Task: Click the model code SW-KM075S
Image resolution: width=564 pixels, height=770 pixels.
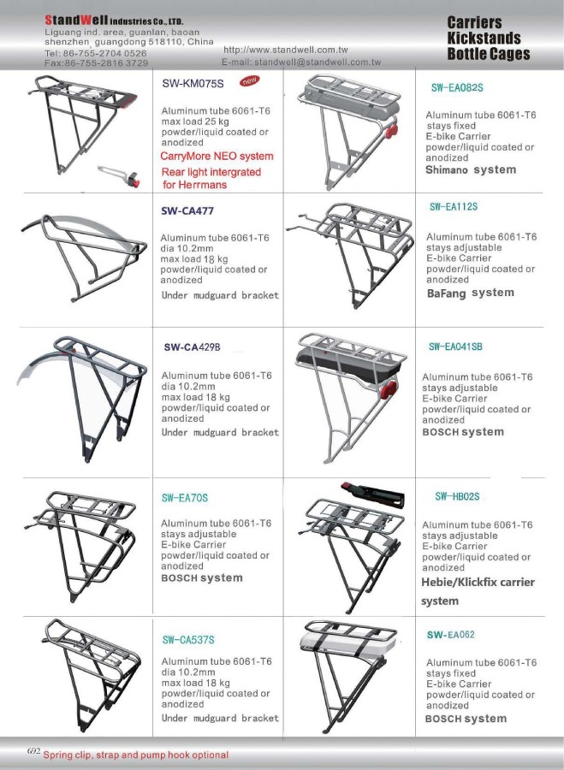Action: pyautogui.click(x=193, y=85)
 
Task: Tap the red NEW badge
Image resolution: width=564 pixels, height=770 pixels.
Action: pyautogui.click(x=250, y=81)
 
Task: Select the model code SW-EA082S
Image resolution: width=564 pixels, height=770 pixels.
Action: pyautogui.click(x=457, y=87)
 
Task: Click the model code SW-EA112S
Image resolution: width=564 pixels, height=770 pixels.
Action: pyautogui.click(x=454, y=207)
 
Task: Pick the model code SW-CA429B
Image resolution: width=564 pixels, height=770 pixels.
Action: pyautogui.click(x=192, y=347)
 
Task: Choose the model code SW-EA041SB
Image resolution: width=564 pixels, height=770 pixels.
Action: pyautogui.click(x=455, y=347)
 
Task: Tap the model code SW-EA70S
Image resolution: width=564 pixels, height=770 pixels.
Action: pyautogui.click(x=185, y=498)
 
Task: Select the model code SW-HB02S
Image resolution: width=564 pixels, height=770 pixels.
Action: pyautogui.click(x=457, y=496)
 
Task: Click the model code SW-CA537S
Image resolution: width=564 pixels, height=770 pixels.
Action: pyautogui.click(x=188, y=640)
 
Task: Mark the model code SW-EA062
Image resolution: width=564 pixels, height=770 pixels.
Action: pyautogui.click(x=451, y=635)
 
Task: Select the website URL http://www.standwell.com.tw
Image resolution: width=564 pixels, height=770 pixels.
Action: pyautogui.click(x=285, y=50)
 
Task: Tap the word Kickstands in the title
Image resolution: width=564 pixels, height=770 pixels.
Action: pyautogui.click(x=484, y=38)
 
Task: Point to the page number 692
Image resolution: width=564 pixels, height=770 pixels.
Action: pyautogui.click(x=34, y=750)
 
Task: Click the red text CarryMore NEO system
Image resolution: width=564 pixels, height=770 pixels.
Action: pyautogui.click(x=217, y=157)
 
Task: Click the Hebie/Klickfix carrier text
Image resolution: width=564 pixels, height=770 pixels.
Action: pyautogui.click(x=478, y=583)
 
